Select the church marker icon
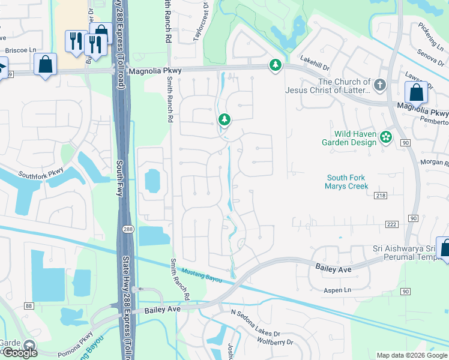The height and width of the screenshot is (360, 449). click(x=379, y=85)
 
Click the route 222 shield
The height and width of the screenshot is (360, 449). click(x=391, y=224)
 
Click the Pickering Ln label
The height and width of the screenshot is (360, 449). click(x=430, y=37)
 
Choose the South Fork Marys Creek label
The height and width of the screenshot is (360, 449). click(x=346, y=182)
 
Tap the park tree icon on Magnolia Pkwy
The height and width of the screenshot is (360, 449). click(x=275, y=65)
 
